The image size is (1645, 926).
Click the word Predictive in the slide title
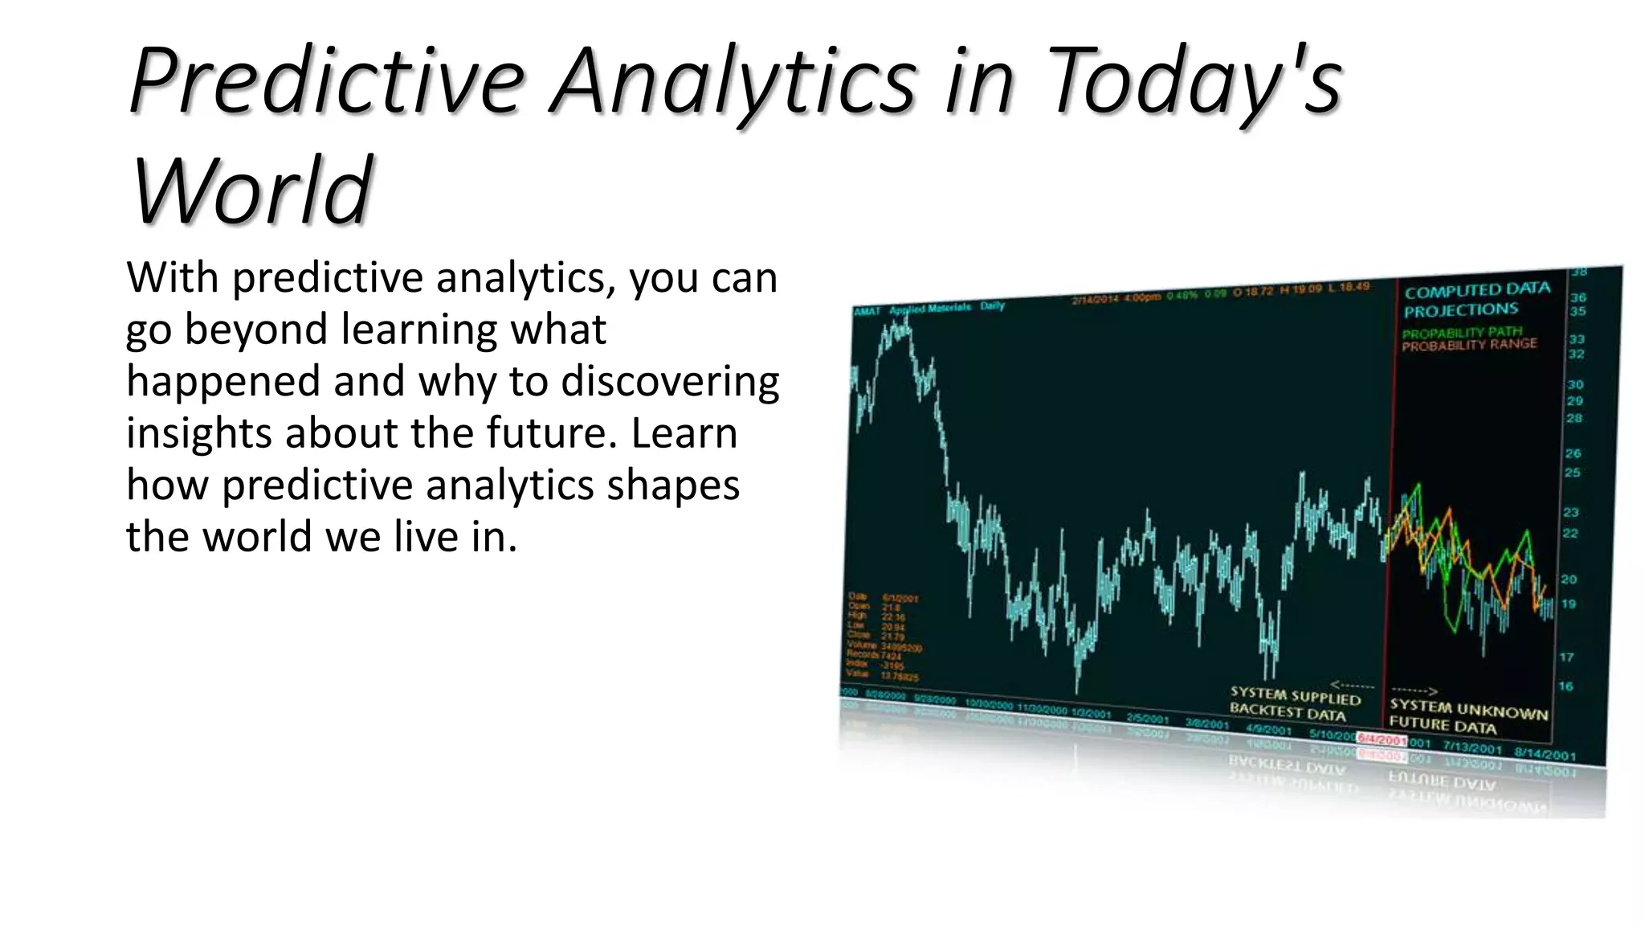325,83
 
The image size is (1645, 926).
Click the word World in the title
251,191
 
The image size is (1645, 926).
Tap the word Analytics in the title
733,83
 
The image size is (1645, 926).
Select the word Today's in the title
1194,83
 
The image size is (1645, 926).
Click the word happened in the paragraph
222,381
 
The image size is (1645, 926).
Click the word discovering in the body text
670,381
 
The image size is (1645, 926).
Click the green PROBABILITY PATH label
1462,332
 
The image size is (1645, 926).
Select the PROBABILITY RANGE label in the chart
1469,345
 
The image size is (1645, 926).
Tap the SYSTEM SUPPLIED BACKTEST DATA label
1294,703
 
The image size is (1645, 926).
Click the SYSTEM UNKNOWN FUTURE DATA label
1467,718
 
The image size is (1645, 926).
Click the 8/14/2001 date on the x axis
1545,754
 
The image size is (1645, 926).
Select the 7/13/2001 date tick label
1472,748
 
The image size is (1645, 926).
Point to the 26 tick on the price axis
1573,453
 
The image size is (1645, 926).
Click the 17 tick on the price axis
1566,658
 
